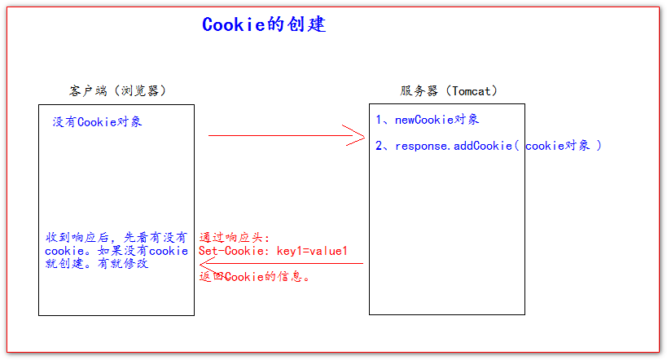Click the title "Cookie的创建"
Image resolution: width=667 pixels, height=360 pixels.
(264, 24)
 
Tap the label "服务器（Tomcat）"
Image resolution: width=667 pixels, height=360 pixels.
(449, 90)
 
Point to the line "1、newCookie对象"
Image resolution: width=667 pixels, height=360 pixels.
(428, 120)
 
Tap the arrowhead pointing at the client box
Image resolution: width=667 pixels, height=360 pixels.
(208, 263)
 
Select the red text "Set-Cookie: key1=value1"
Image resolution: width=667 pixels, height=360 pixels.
(273, 251)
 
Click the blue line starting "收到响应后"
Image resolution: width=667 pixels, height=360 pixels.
(116, 237)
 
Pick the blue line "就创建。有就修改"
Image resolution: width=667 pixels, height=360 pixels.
(97, 264)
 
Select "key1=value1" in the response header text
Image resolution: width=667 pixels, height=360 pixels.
(312, 251)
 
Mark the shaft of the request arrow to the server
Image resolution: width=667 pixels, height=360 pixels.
(277, 136)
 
